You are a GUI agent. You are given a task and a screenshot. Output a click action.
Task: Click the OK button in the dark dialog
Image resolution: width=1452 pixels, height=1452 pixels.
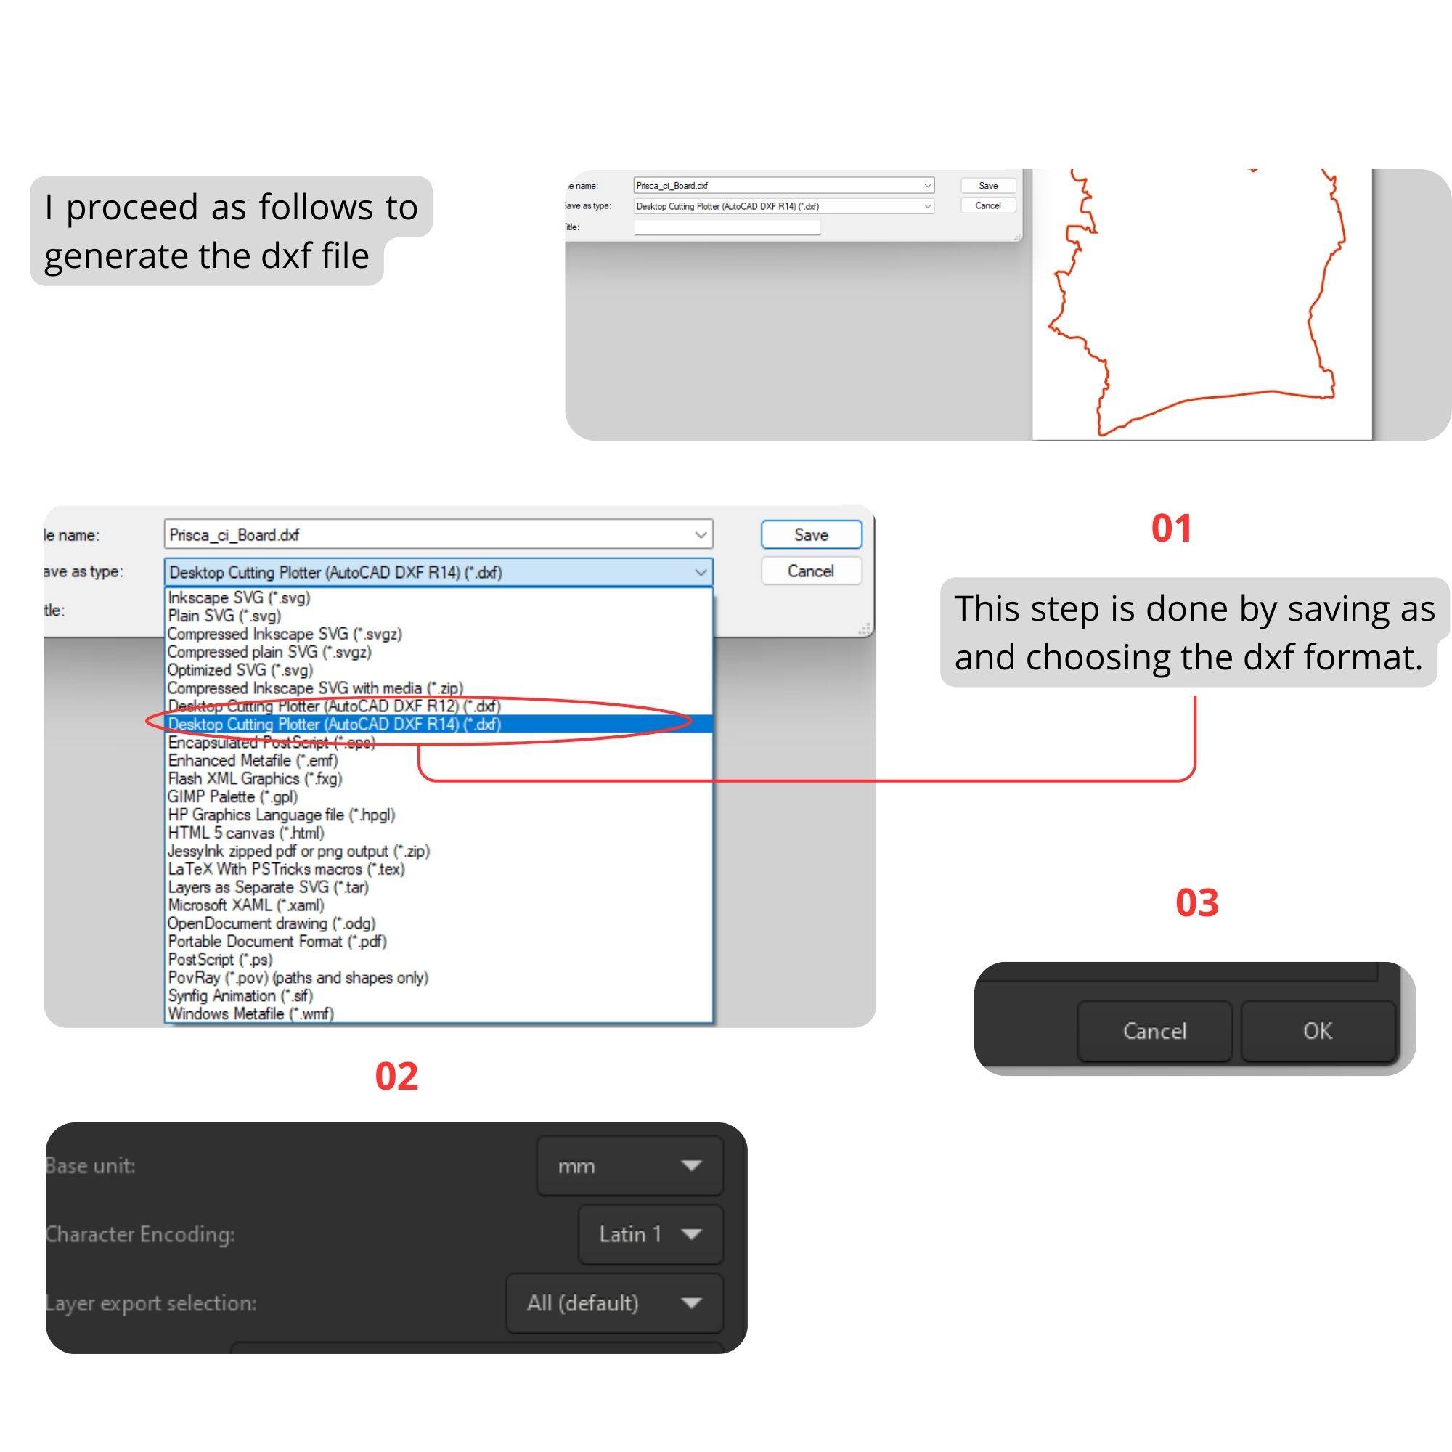(1318, 1030)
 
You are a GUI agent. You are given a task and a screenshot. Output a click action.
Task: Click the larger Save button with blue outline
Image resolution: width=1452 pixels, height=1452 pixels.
(811, 534)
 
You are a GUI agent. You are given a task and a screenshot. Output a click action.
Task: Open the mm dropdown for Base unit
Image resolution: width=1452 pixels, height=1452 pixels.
(629, 1166)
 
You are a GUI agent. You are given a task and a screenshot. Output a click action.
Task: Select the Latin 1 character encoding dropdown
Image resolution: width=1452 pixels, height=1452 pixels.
(650, 1234)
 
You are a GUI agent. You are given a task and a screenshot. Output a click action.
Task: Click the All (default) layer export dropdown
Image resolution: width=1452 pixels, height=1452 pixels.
(615, 1302)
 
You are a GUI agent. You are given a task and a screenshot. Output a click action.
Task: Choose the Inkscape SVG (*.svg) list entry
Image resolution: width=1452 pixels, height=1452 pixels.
(239, 597)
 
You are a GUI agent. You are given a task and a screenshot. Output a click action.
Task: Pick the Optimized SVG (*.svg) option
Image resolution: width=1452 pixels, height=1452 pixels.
(240, 669)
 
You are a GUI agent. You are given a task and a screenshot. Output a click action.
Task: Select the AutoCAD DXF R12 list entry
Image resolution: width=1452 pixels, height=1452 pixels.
(335, 706)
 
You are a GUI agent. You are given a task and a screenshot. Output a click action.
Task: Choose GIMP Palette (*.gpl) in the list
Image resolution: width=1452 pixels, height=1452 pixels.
(233, 796)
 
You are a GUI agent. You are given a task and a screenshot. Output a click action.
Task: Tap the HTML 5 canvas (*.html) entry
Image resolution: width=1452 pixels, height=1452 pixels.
(246, 833)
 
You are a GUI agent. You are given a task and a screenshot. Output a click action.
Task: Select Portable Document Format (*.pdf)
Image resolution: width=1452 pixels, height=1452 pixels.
(277, 941)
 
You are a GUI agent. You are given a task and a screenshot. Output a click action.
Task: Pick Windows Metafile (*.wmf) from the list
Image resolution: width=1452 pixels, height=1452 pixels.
(251, 1013)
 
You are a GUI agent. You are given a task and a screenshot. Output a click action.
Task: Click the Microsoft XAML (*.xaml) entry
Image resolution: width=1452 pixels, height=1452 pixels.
(246, 905)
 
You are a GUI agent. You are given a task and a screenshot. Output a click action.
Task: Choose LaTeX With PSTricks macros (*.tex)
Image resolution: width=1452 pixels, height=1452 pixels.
(286, 869)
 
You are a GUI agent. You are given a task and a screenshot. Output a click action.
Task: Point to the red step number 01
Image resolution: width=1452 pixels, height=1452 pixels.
(1172, 528)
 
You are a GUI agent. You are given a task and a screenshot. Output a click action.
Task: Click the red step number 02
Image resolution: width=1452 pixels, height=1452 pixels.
(396, 1075)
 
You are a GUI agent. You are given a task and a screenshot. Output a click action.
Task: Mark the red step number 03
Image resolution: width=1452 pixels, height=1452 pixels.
(1196, 902)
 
